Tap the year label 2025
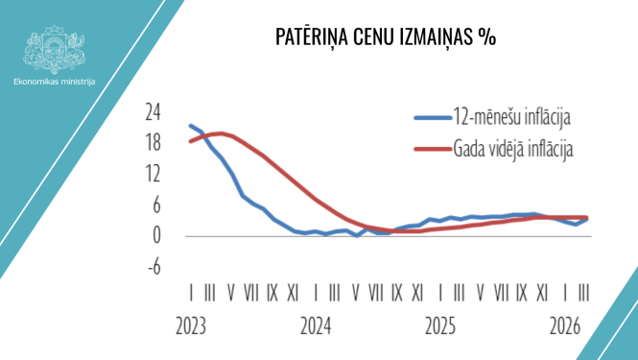pyautogui.click(x=441, y=325)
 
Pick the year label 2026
pyautogui.click(x=566, y=325)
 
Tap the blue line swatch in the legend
pyautogui.click(x=433, y=119)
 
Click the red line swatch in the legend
pyautogui.click(x=433, y=149)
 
